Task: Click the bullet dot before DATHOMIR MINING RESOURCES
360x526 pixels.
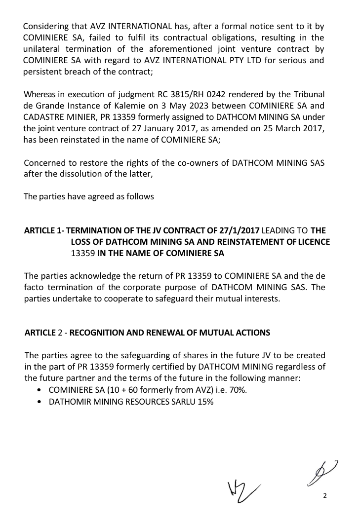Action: [39, 402]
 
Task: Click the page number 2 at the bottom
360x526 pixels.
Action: [324, 496]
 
